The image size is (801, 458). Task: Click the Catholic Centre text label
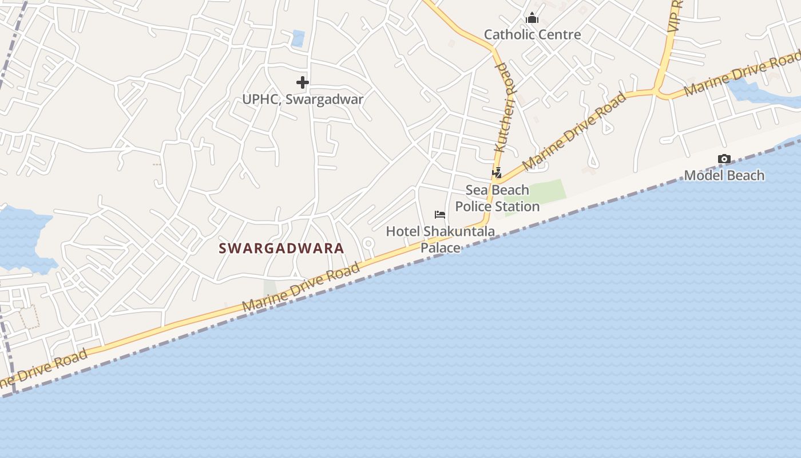(x=532, y=34)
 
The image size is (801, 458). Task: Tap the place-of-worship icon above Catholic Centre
(x=532, y=18)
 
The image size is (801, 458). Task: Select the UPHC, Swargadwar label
(x=303, y=99)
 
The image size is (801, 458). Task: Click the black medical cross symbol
(x=303, y=83)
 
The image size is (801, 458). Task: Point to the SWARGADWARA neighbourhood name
(x=281, y=248)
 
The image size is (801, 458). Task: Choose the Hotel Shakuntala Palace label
(x=440, y=239)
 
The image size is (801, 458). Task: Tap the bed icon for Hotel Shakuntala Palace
(x=440, y=215)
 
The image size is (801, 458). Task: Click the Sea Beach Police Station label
(x=497, y=198)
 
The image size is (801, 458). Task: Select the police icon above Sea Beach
(x=497, y=172)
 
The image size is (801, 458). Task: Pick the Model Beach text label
(x=724, y=175)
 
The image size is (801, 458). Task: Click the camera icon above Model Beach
(x=724, y=159)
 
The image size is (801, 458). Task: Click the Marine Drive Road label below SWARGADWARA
(x=301, y=287)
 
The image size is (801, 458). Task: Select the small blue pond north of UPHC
(x=298, y=38)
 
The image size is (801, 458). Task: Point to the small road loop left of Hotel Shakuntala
(x=368, y=244)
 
